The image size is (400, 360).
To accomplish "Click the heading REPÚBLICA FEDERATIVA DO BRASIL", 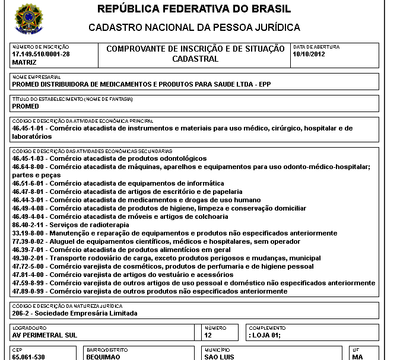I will pyautogui.click(x=194, y=9).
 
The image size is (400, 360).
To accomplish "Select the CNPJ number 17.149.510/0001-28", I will pyautogui.click(x=41, y=54).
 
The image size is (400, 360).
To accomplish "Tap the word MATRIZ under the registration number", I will pyautogui.click(x=24, y=62).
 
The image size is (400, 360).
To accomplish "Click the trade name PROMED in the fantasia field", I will pyautogui.click(x=26, y=106).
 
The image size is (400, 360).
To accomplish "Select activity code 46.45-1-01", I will pyautogui.click(x=29, y=128).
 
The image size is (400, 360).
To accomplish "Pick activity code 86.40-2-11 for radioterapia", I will pyautogui.click(x=29, y=225).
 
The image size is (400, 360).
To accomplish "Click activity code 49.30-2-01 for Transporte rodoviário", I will pyautogui.click(x=29, y=258).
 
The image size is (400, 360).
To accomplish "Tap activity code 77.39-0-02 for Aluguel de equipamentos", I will pyautogui.click(x=29, y=241).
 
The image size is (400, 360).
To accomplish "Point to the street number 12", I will pyautogui.click(x=208, y=335).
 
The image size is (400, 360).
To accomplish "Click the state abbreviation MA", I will pyautogui.click(x=357, y=357).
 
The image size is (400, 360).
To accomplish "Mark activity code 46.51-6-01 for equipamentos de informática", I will pyautogui.click(x=29, y=183).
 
